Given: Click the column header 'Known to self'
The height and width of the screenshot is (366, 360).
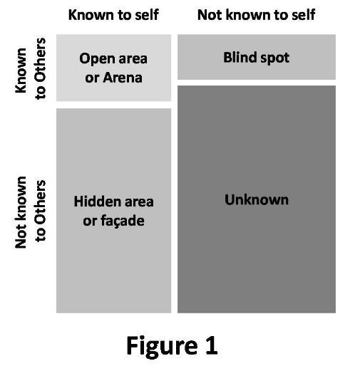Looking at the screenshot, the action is pyautogui.click(x=113, y=15).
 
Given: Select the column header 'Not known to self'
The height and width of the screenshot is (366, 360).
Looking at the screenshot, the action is pyautogui.click(x=256, y=15).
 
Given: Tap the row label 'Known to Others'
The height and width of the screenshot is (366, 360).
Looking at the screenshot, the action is pyautogui.click(x=30, y=68).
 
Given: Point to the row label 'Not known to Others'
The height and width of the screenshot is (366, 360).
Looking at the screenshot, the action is pyautogui.click(x=30, y=212).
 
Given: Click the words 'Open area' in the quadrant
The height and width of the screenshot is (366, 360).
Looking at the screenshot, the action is pyautogui.click(x=113, y=58).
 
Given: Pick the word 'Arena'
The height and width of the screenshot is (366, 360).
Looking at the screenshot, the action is pyautogui.click(x=123, y=78).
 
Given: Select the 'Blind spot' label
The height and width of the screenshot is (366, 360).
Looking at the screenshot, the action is pyautogui.click(x=257, y=58).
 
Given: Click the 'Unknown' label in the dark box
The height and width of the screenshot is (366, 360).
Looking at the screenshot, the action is pyautogui.click(x=257, y=199).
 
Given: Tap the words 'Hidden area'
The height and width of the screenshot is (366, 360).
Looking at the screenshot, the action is pyautogui.click(x=113, y=202).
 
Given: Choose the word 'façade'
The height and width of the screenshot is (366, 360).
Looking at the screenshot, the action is pyautogui.click(x=123, y=221).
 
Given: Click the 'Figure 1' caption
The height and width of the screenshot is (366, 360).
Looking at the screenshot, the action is pyautogui.click(x=172, y=345).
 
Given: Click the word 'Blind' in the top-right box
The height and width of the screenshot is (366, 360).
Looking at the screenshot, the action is pyautogui.click(x=240, y=57).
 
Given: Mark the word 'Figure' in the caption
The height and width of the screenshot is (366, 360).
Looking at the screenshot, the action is pyautogui.click(x=162, y=346).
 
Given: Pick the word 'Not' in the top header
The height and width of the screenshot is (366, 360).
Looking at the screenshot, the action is pyautogui.click(x=210, y=15).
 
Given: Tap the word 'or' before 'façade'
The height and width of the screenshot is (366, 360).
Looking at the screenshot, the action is pyautogui.click(x=90, y=221).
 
